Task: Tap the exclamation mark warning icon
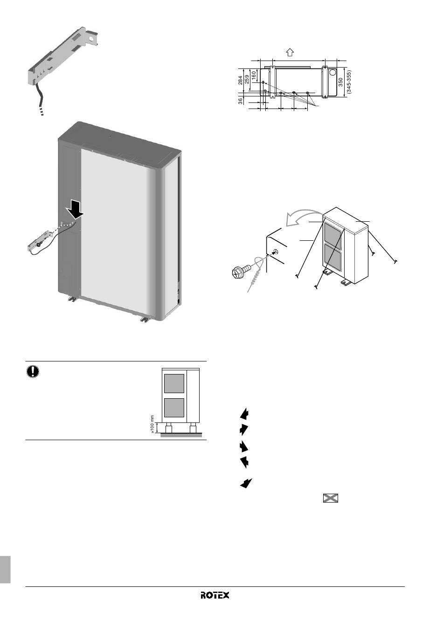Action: point(33,371)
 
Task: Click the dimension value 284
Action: point(240,80)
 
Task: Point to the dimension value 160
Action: point(254,75)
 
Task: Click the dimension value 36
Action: point(241,101)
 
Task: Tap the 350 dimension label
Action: point(340,82)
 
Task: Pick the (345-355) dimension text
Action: point(348,82)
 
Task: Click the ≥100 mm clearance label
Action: point(152,424)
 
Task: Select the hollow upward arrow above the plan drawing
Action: point(290,52)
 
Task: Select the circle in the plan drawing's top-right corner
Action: point(333,72)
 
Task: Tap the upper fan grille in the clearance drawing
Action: point(174,383)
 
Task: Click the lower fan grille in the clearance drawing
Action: point(174,408)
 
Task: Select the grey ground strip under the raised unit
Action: point(181,435)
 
